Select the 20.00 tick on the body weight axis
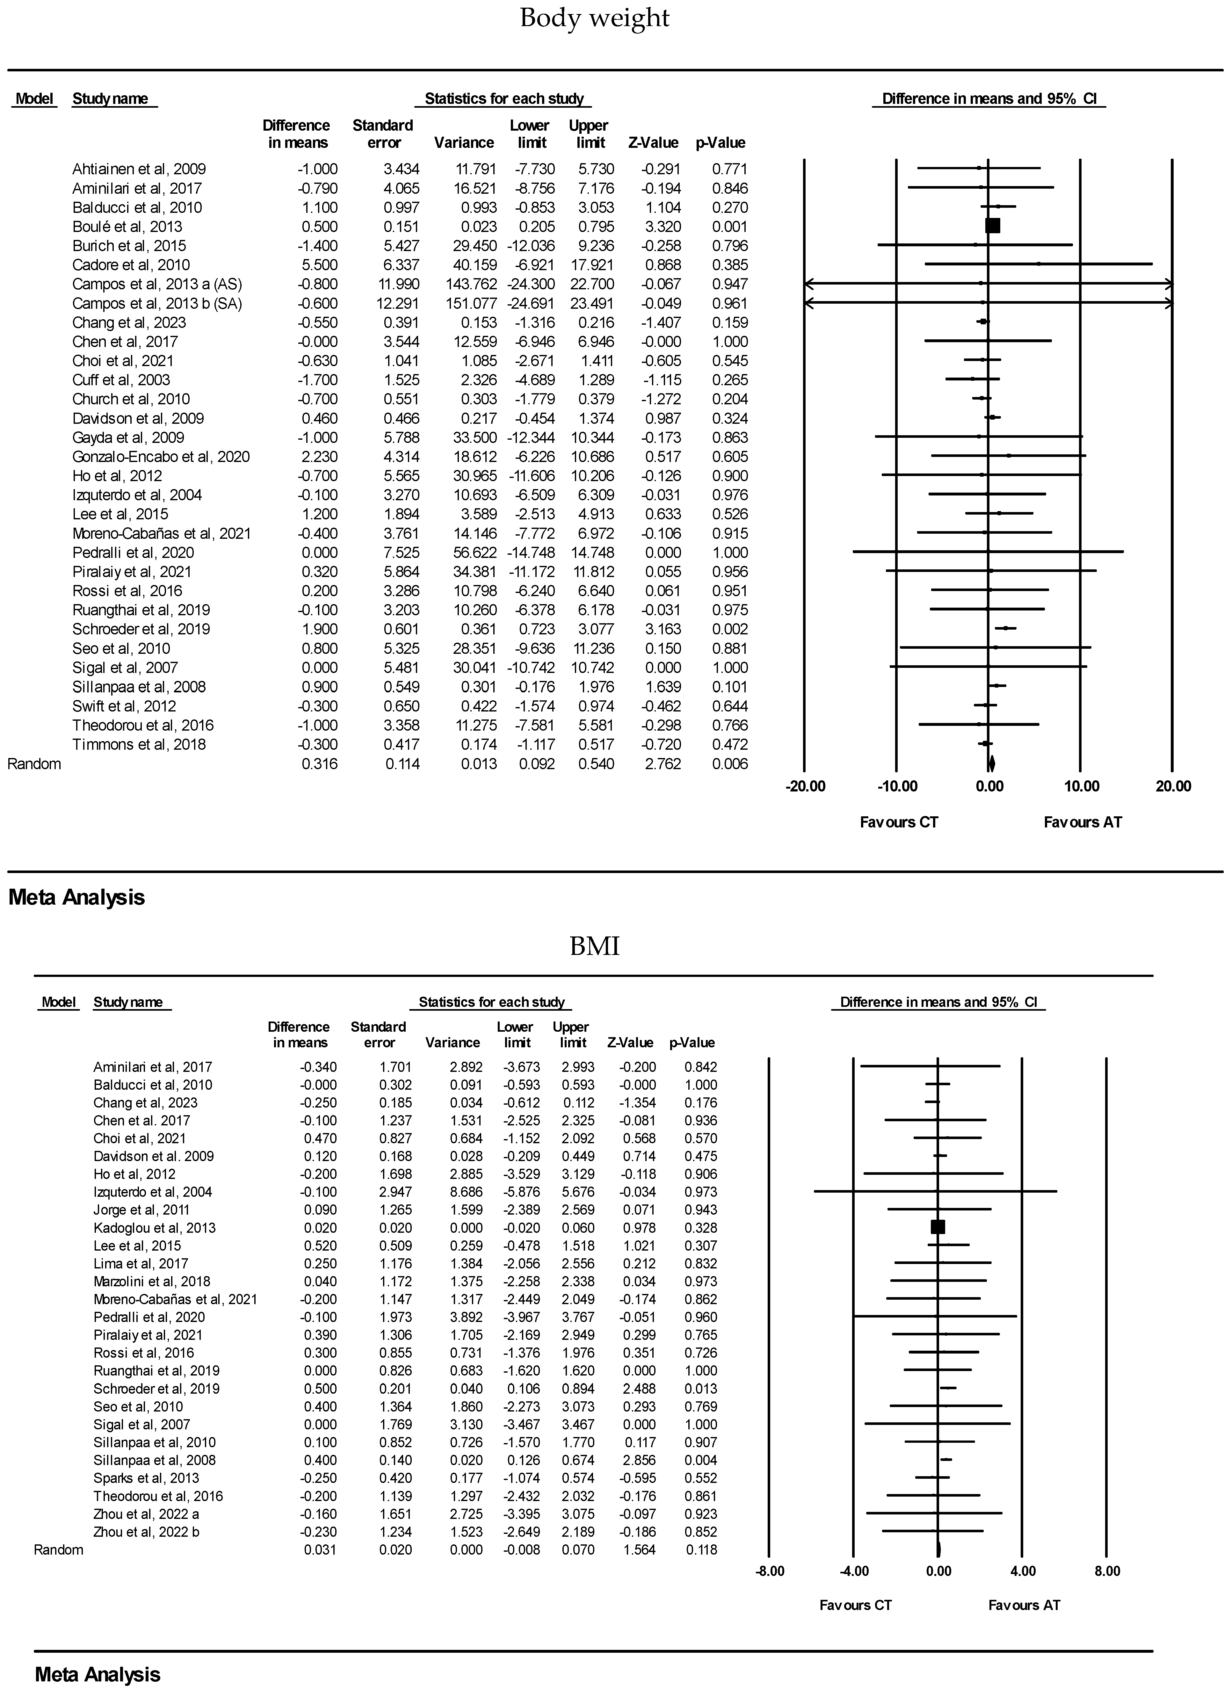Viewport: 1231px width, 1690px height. pos(1173,786)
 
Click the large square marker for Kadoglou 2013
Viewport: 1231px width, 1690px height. pos(938,1226)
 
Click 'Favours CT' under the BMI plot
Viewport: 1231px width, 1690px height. pos(855,1605)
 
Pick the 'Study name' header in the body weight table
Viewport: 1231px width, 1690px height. pos(110,99)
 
